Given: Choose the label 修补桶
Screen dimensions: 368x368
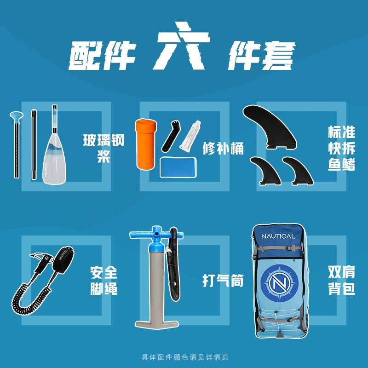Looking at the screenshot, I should click(x=223, y=148).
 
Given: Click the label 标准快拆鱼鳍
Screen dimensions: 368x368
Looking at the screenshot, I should click(x=341, y=148).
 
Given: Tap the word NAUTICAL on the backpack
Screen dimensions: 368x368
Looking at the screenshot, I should click(x=278, y=236).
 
